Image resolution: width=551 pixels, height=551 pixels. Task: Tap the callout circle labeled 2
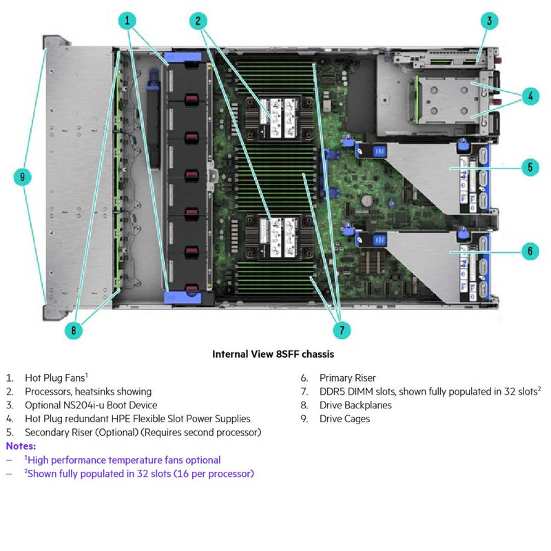(198, 21)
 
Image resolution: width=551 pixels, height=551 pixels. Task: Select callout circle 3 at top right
(488, 21)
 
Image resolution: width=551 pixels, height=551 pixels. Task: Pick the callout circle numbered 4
(529, 96)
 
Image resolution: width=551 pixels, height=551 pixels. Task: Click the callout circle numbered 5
(529, 167)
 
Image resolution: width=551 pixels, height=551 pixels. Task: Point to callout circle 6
(529, 251)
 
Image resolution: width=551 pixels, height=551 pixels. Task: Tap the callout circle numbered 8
(74, 331)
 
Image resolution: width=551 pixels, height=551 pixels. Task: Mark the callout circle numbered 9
(23, 177)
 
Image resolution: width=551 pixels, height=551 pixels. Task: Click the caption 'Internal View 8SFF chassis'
(273, 355)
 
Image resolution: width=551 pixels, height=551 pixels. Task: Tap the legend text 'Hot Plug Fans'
(55, 377)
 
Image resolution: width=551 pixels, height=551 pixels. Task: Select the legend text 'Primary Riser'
(347, 377)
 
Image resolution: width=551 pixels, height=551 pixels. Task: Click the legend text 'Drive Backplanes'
(355, 405)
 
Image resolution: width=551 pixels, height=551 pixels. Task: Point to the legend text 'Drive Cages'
(344, 419)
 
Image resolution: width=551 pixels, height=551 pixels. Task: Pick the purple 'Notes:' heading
(21, 446)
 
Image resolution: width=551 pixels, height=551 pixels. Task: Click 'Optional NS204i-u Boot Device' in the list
(91, 405)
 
